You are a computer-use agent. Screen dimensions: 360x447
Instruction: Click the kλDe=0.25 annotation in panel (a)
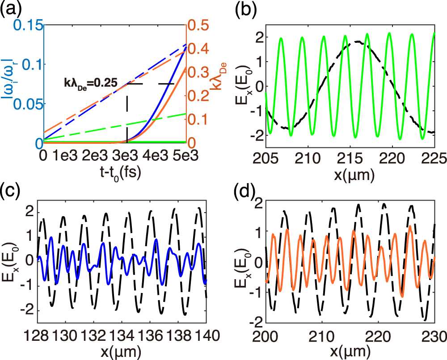[90, 83]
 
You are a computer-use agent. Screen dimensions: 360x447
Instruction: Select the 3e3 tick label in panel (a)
[127, 155]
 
